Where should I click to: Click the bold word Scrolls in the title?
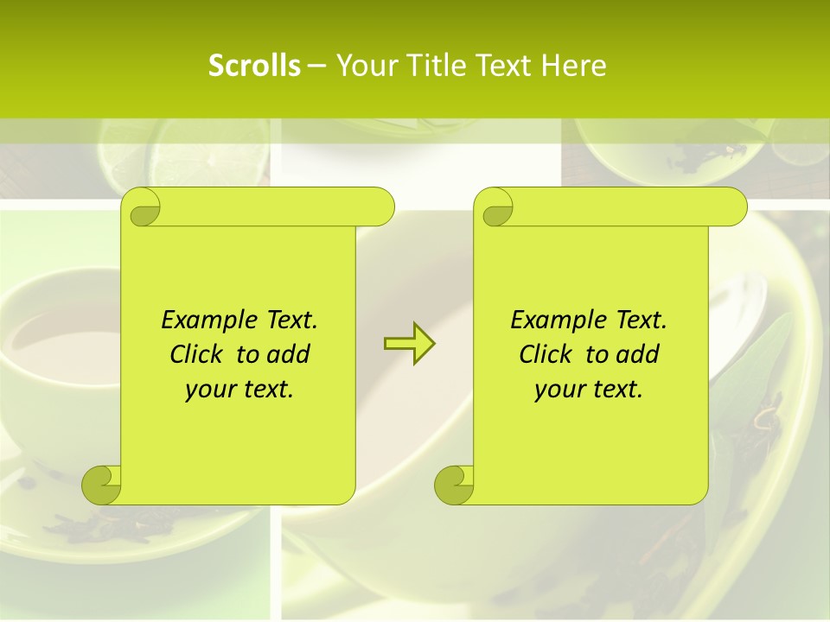coord(254,66)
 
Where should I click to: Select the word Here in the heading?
coord(573,66)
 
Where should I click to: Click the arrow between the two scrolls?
coord(409,343)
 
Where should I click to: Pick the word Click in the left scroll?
coord(199,354)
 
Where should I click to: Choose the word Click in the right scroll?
coord(548,354)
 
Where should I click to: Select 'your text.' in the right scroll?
coord(589,390)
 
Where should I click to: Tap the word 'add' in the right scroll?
coord(638,354)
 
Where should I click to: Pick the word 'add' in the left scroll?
coord(289,354)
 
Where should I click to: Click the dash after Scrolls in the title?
coord(316,66)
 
